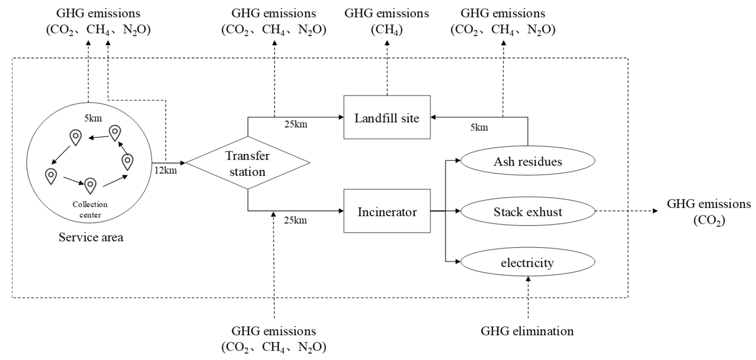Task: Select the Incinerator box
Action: (387, 211)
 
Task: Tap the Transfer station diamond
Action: (247, 163)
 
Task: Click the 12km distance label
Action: (166, 170)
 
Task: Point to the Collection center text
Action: (90, 209)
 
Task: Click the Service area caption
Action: (91, 237)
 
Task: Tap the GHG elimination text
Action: (527, 331)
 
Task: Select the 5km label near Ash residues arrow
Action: (479, 127)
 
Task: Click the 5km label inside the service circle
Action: (93, 118)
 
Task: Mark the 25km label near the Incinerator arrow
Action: (295, 220)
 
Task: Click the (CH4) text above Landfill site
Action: (387, 30)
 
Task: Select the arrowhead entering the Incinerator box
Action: (341, 211)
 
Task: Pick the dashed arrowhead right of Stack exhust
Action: (655, 211)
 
